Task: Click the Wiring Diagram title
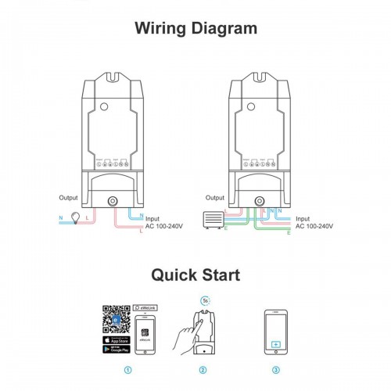point(195,29)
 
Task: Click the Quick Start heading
point(195,274)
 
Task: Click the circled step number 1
point(128,368)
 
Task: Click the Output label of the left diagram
point(69,199)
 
